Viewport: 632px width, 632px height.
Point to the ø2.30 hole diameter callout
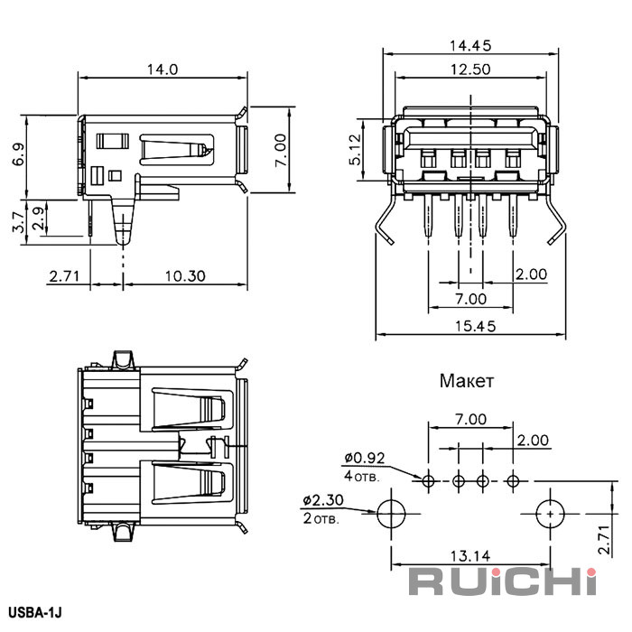pyautogui.click(x=321, y=499)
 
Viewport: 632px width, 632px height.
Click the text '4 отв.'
pyautogui.click(x=361, y=475)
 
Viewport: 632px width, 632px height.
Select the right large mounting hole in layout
pyautogui.click(x=549, y=513)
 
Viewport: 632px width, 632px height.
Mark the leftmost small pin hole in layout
pyautogui.click(x=428, y=479)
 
